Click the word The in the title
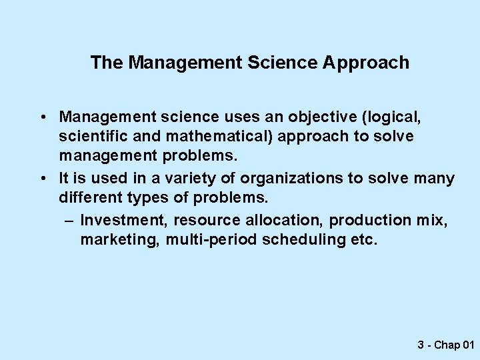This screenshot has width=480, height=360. pyautogui.click(x=107, y=63)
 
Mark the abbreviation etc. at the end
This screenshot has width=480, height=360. pyautogui.click(x=364, y=240)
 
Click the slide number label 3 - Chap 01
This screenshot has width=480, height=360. pyautogui.click(x=445, y=345)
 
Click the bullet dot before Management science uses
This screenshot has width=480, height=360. pyautogui.click(x=42, y=118)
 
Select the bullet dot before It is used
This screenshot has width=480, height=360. pyautogui.click(x=42, y=179)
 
